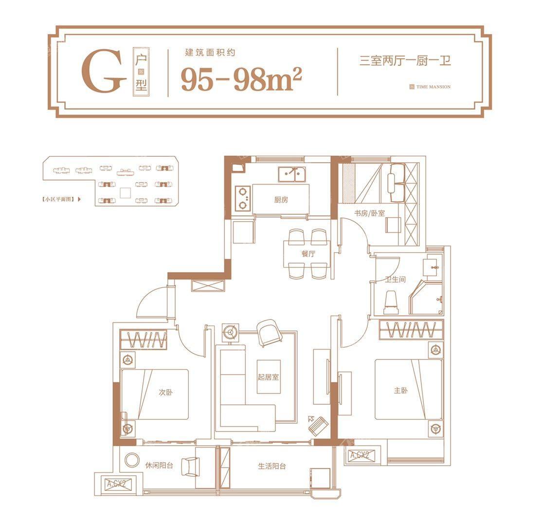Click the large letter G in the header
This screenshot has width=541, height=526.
[103, 73]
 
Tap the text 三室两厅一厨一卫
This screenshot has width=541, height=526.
[405, 61]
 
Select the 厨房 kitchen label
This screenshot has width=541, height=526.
[281, 200]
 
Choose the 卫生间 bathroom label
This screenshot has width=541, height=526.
[395, 280]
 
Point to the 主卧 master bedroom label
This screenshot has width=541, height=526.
[401, 390]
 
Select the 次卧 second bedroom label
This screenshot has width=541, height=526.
[166, 392]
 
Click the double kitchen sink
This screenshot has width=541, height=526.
[292, 174]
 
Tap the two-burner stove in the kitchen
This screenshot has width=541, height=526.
[243, 199]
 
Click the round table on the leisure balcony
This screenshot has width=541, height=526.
[131, 461]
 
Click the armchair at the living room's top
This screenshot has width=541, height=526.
[268, 333]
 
